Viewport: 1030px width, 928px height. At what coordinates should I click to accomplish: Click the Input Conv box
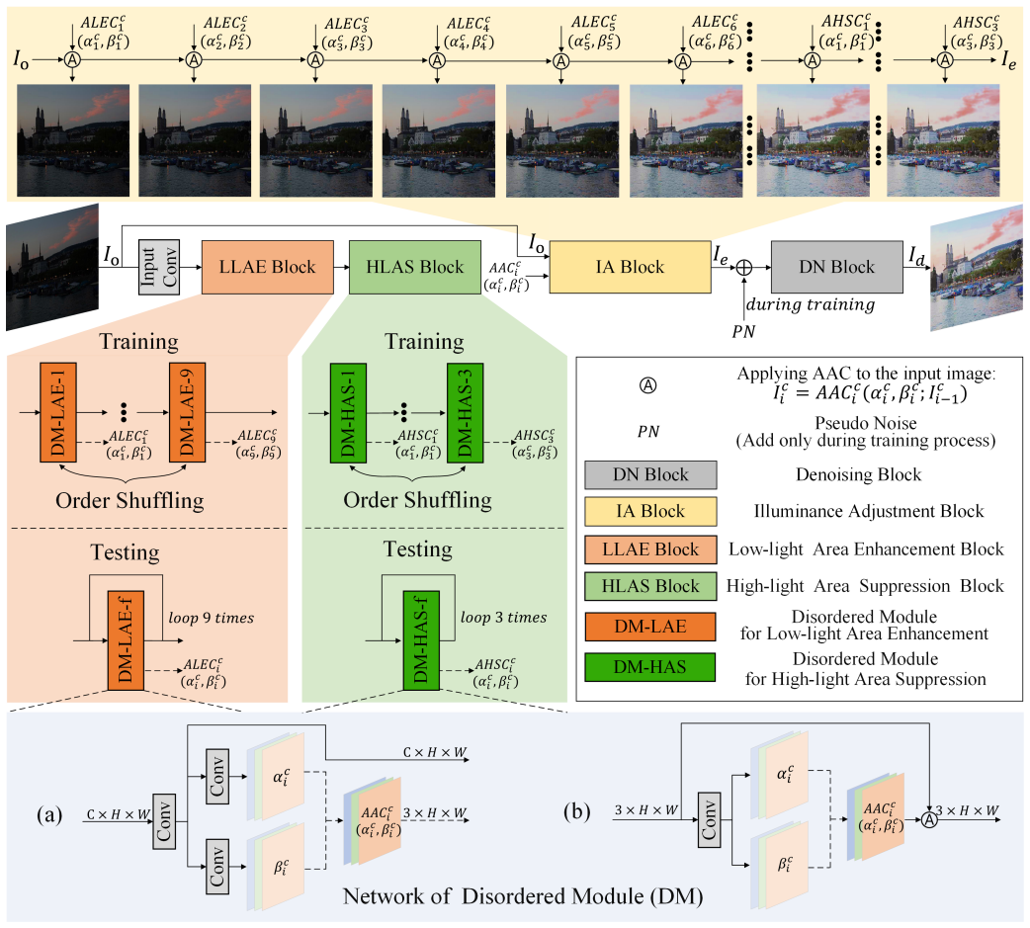point(159,267)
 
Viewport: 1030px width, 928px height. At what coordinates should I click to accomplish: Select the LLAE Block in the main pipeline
point(267,267)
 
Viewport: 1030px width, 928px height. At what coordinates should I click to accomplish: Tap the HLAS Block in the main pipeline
point(414,267)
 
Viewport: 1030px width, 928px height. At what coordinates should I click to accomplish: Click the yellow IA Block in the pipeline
point(630,267)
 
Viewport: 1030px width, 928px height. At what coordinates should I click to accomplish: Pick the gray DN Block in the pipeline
point(837,267)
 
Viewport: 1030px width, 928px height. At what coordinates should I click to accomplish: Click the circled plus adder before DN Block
point(743,267)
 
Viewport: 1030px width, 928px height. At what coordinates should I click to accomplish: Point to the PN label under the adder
point(743,332)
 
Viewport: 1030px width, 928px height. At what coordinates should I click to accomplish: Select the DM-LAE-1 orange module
point(57,412)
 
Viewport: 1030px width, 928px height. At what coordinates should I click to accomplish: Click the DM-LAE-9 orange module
point(187,412)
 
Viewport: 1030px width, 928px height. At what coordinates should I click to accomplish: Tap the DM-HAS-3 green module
point(465,412)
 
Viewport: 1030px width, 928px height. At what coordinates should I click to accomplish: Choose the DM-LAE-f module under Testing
point(126,640)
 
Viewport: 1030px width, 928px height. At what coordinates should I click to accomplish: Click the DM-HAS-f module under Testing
point(421,640)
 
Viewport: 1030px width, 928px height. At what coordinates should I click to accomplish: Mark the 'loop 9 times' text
point(211,618)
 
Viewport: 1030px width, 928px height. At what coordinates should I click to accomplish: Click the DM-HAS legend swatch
point(650,667)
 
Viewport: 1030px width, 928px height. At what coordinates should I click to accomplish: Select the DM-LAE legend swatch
point(650,627)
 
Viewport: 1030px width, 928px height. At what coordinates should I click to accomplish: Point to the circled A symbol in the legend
point(647,385)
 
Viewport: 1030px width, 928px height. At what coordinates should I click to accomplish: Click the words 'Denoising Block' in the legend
point(859,474)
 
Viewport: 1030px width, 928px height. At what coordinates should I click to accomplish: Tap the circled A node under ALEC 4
point(438,60)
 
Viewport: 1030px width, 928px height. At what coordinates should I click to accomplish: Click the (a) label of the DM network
point(50,815)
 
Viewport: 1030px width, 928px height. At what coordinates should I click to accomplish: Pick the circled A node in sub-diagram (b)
point(929,819)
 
